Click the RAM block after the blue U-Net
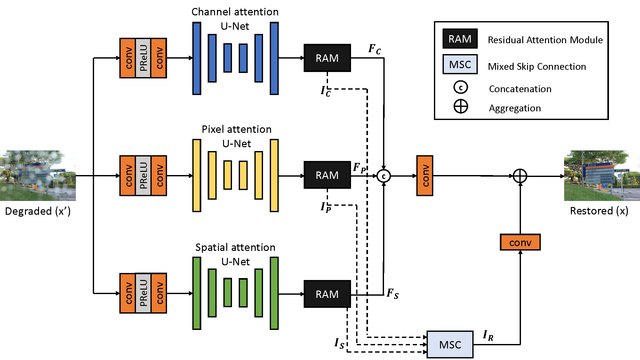327,58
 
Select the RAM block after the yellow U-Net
327,175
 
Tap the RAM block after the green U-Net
327,294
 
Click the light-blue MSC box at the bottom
450,344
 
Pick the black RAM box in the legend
460,39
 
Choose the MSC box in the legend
460,64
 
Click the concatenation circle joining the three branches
383,176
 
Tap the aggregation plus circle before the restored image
520,176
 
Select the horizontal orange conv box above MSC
520,242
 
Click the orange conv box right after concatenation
424,176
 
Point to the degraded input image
38,176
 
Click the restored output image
602,176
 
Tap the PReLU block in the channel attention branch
143,58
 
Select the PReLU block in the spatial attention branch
143,293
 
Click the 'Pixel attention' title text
236,129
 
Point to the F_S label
393,293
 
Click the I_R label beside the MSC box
488,336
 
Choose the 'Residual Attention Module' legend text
545,40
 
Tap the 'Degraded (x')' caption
38,211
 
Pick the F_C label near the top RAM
375,49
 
